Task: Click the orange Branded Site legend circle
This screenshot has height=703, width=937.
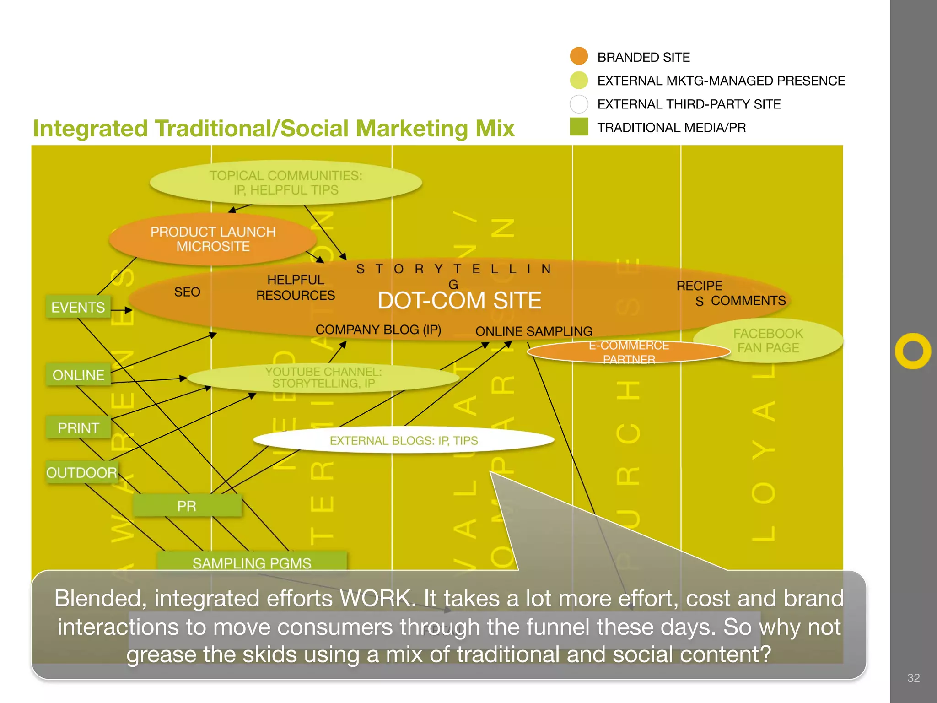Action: [x=579, y=56]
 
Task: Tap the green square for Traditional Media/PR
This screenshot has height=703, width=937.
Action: [x=579, y=127]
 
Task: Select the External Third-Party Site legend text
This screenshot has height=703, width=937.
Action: [x=689, y=104]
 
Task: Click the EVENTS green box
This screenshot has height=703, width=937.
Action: [x=78, y=307]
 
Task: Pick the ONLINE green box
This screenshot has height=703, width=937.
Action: [x=78, y=375]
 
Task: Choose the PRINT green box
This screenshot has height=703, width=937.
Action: [x=78, y=427]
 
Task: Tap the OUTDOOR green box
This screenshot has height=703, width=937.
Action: [x=81, y=472]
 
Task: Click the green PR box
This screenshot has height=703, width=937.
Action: [x=187, y=506]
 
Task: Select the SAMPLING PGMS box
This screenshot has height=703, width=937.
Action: [x=252, y=562]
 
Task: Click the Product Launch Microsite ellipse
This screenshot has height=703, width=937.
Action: [x=213, y=239]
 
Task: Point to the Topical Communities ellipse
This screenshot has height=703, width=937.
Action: [x=285, y=183]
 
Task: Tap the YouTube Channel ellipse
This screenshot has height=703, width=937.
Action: [x=323, y=378]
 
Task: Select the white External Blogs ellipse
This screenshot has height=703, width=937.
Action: [x=404, y=440]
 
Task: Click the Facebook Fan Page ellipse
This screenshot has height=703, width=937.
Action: [x=768, y=341]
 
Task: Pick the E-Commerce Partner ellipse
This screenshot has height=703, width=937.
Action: [x=629, y=352]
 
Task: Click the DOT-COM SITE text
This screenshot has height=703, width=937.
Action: [x=459, y=301]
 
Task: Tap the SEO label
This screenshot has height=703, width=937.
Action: [x=187, y=292]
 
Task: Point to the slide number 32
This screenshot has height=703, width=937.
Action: [x=913, y=678]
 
